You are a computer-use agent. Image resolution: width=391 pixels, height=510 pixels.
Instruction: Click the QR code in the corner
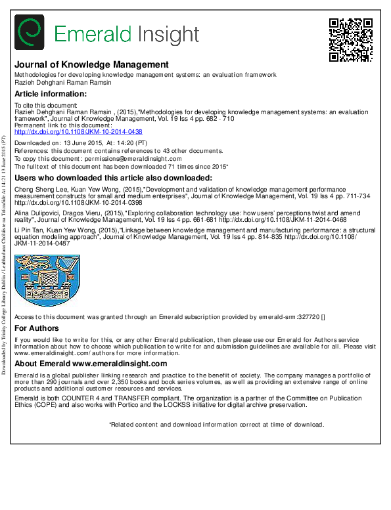coord(350,39)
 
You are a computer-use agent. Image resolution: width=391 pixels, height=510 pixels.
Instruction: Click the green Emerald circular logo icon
coord(29,32)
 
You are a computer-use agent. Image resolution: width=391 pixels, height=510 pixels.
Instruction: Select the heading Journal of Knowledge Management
coord(91,64)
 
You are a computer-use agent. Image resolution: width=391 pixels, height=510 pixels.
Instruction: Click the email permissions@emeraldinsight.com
coord(135,159)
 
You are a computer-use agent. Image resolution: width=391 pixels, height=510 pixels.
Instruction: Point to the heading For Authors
coord(37,328)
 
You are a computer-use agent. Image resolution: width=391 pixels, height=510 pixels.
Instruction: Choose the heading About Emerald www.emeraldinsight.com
coord(91,364)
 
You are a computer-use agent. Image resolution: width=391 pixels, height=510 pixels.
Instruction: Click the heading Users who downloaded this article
coord(113,178)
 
